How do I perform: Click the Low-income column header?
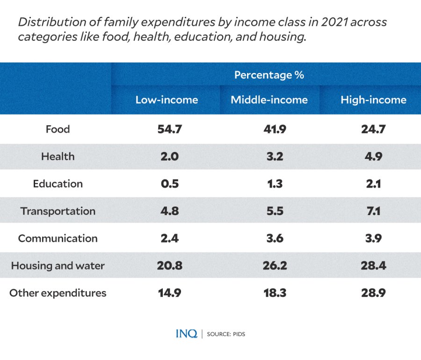(x=167, y=100)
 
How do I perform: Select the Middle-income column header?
(x=269, y=100)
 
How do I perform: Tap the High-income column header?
(x=373, y=100)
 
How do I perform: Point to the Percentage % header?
(x=269, y=75)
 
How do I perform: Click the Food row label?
(x=58, y=129)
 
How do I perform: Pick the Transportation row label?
(x=58, y=211)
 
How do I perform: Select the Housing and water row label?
(x=58, y=266)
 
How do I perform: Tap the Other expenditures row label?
(x=58, y=293)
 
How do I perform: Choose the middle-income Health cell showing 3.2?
(x=274, y=156)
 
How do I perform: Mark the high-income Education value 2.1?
(x=374, y=184)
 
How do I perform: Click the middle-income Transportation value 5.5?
(x=274, y=211)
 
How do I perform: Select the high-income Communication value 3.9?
(x=374, y=238)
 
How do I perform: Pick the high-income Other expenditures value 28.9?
(x=374, y=293)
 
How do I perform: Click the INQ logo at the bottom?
(x=186, y=334)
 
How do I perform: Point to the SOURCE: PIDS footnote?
(x=226, y=334)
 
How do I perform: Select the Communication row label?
(x=58, y=238)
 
